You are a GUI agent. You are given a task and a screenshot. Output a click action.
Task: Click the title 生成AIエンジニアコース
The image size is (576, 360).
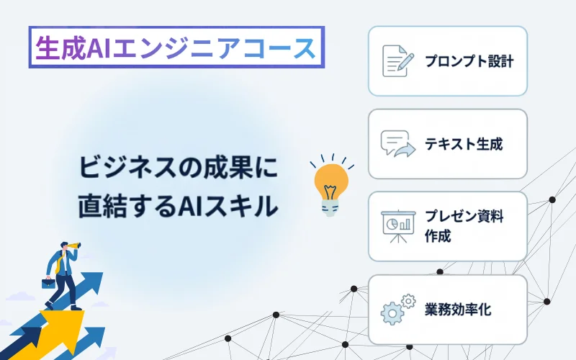pos(176,48)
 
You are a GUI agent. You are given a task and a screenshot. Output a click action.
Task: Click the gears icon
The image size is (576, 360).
pos(398,310)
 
